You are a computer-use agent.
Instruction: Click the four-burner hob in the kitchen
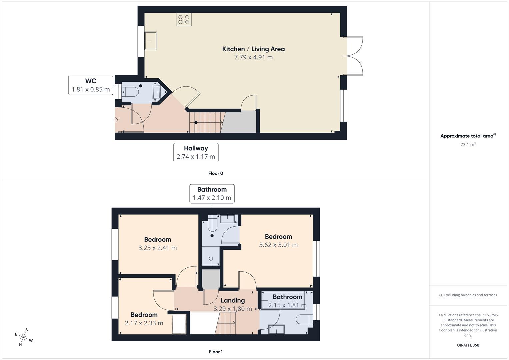click(x=184, y=20)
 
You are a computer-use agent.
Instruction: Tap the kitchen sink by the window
click(x=151, y=41)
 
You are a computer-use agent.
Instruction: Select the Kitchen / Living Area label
click(x=253, y=49)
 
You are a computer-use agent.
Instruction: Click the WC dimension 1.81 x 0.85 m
click(x=91, y=89)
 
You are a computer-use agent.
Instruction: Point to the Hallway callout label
click(x=196, y=153)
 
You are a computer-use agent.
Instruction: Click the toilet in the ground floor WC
click(x=130, y=92)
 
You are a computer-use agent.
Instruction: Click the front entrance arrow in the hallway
click(x=115, y=120)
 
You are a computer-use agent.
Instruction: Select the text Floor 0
click(x=216, y=173)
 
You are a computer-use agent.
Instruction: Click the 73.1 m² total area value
click(x=468, y=144)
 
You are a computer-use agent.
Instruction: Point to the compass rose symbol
click(x=23, y=337)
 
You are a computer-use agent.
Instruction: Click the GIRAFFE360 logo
click(x=468, y=345)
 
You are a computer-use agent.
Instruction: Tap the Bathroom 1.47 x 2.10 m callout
click(x=212, y=194)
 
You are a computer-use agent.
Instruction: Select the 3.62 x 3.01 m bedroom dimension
click(x=278, y=245)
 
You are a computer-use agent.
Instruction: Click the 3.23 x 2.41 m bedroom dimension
click(x=157, y=248)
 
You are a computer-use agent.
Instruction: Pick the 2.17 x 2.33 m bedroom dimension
click(x=144, y=323)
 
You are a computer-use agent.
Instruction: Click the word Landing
click(x=233, y=300)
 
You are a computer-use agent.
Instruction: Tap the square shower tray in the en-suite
click(x=211, y=256)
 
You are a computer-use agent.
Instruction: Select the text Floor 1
click(x=216, y=352)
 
